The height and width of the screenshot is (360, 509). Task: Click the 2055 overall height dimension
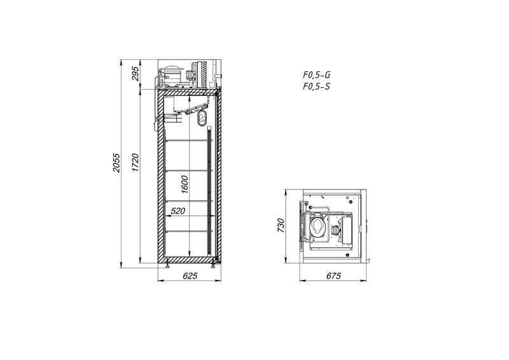point(116,163)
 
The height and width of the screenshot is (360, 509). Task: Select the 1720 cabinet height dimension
point(136,162)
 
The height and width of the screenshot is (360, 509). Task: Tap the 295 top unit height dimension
point(136,73)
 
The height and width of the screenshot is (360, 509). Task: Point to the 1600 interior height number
point(185,184)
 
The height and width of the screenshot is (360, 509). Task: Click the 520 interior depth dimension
point(178,211)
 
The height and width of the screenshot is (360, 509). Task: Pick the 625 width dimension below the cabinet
point(190,275)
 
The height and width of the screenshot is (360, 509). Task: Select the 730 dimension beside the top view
point(281,225)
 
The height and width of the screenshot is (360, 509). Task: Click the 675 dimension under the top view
point(333,275)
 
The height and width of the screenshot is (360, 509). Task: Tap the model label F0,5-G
point(316,74)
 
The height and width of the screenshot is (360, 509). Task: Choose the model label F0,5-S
point(316,87)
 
